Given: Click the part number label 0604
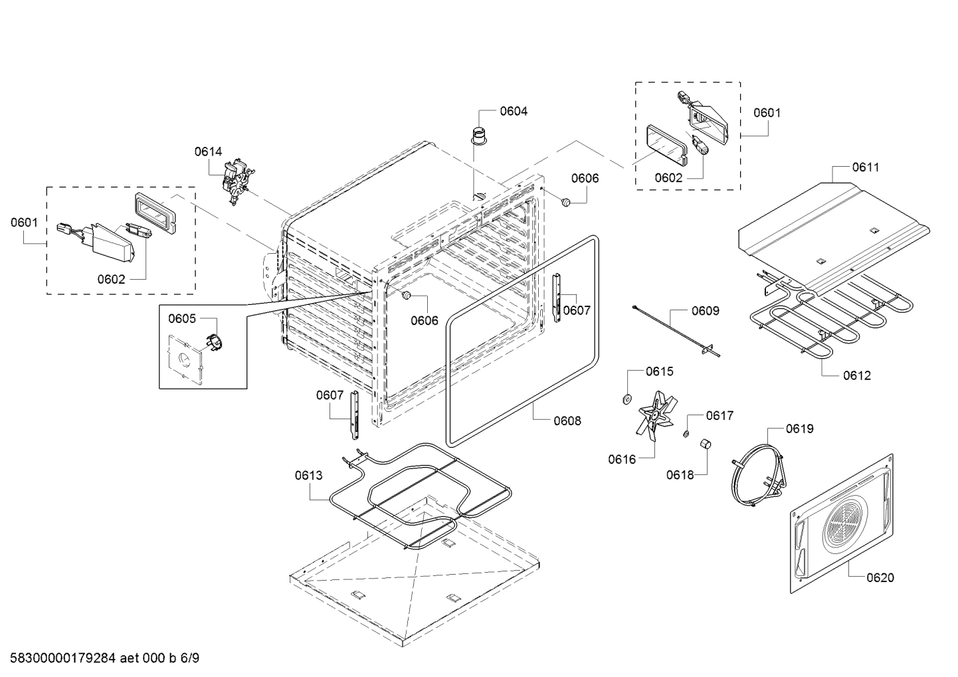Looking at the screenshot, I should coord(514,111).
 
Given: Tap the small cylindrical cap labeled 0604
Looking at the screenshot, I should coord(478,132).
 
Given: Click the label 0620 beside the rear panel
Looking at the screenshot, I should coord(880,578).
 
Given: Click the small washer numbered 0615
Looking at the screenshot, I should coord(626,399).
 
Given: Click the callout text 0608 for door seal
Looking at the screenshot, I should coord(567,421).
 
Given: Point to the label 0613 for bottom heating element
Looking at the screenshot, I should coord(309,475).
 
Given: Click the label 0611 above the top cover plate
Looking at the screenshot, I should coord(865,167).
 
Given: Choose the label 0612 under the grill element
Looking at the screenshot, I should coord(856,375).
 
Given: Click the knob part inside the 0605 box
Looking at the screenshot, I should coord(214,342).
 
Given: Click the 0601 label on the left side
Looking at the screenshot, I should coord(24,223).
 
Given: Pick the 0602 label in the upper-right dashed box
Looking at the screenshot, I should coord(668,177).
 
